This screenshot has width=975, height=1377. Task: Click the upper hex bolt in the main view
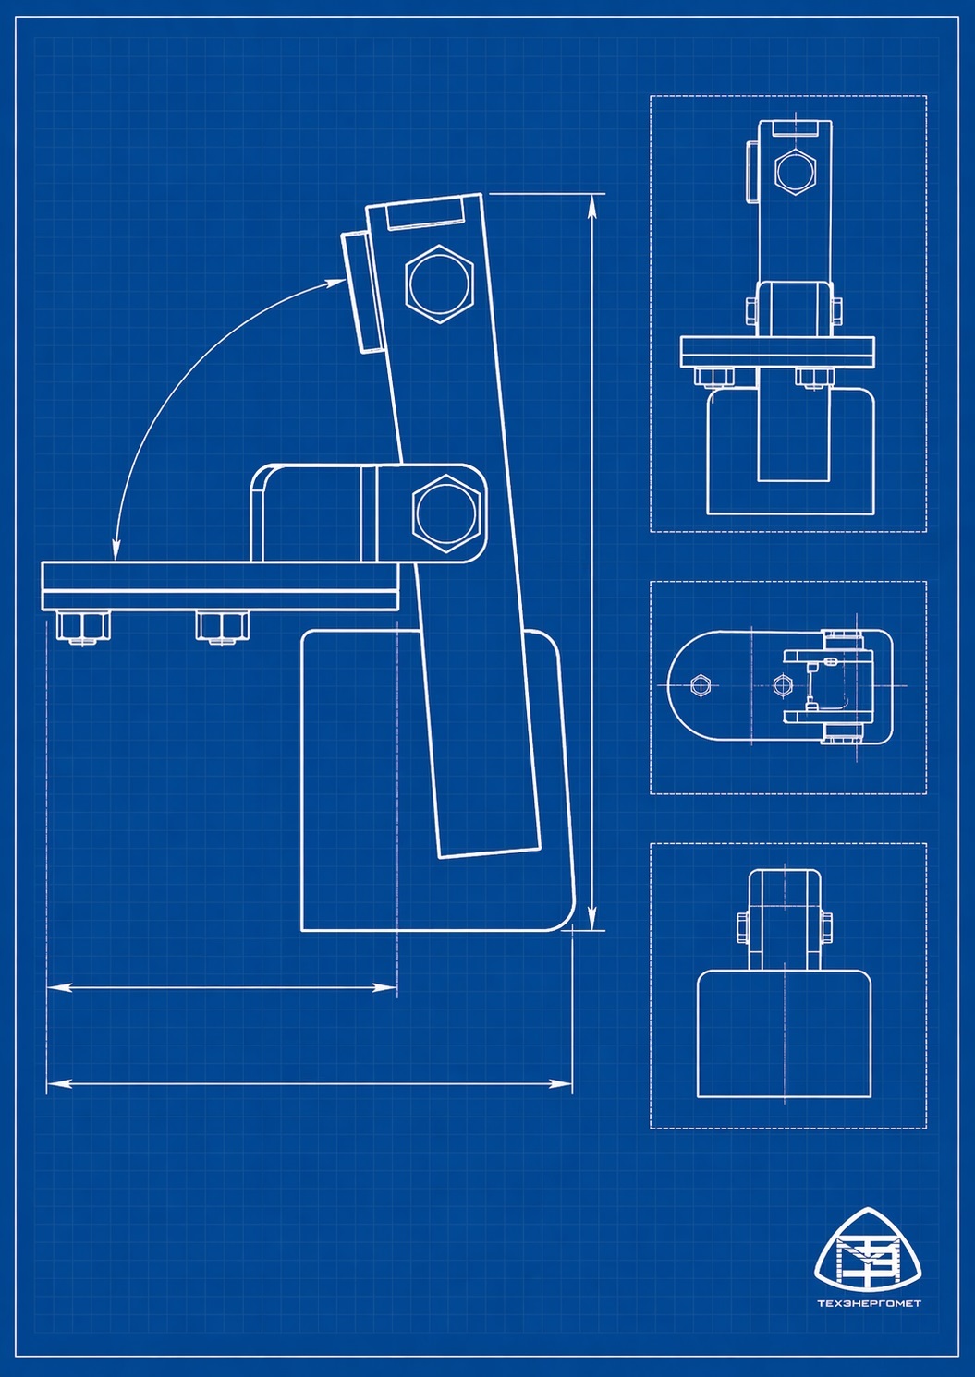[x=440, y=284]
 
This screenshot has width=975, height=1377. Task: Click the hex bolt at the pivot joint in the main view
[x=448, y=513]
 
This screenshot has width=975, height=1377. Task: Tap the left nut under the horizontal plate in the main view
[x=82, y=626]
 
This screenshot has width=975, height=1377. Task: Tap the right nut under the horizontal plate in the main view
[x=222, y=626]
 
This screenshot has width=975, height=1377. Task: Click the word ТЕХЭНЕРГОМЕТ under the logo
[x=869, y=1303]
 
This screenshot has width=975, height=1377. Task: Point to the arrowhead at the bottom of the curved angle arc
[x=116, y=551]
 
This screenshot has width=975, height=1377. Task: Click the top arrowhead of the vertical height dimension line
[x=592, y=205]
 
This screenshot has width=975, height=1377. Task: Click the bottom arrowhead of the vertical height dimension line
[x=592, y=920]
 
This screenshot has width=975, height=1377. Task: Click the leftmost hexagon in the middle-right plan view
[x=700, y=684]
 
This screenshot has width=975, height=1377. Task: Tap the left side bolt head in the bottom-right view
[x=742, y=927]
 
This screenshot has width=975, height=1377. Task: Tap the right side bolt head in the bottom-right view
[x=825, y=927]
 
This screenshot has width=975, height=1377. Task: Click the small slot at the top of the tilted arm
[x=425, y=216]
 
